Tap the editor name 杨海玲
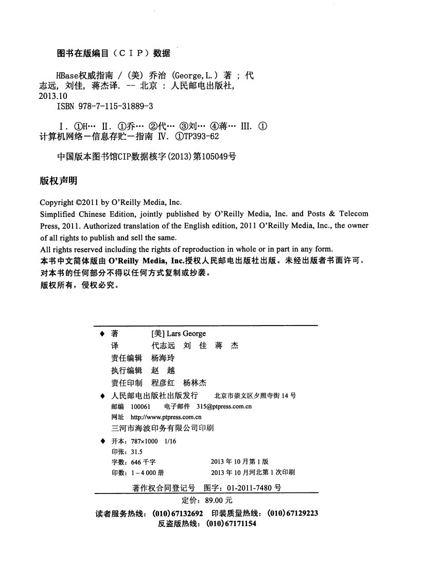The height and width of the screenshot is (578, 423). coord(163,358)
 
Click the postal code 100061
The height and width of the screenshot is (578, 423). coord(140,406)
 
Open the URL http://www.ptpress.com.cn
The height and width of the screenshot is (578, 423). coord(166,417)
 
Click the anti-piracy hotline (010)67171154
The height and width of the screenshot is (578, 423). coord(231,523)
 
